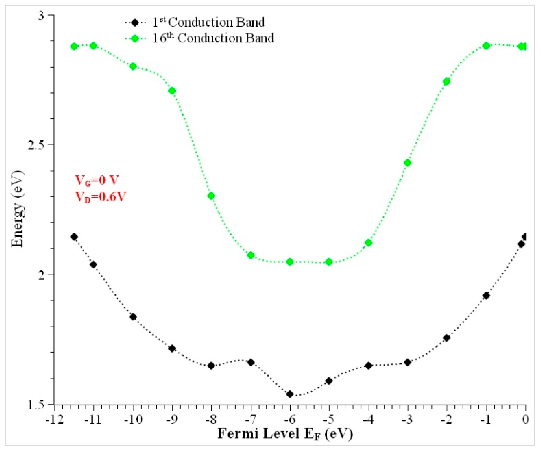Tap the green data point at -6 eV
290,262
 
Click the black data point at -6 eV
290,394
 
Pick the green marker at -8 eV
211,196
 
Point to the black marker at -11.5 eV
74,237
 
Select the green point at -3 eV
408,163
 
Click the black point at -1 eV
486,296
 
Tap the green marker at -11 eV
94,46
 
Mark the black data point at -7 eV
251,362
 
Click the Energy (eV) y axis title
18,208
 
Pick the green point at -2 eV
447,82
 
